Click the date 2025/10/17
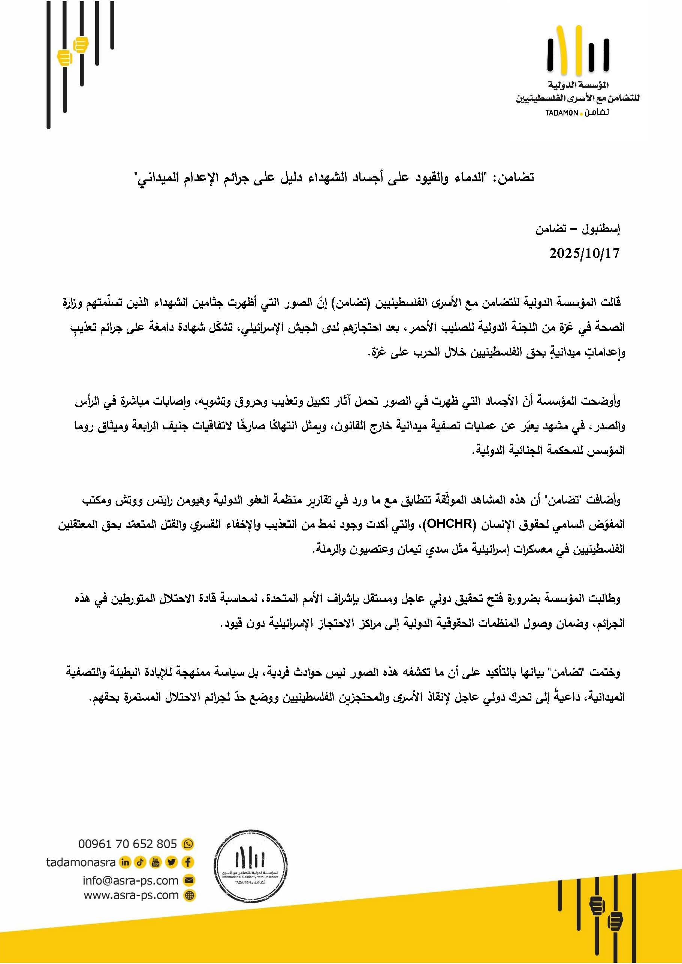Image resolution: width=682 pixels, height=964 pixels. (584, 254)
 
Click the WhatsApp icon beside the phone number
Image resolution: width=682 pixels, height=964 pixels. (188, 844)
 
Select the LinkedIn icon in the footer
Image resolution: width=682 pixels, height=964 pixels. (125, 862)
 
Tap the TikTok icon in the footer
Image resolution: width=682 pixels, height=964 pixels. (140, 862)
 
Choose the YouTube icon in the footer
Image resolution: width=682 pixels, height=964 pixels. (156, 862)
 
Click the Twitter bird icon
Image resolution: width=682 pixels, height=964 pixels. (171, 862)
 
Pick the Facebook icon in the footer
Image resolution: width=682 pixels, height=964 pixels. (188, 862)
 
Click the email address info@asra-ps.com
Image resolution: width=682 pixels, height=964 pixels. (131, 880)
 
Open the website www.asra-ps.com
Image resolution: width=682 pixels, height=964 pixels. (131, 895)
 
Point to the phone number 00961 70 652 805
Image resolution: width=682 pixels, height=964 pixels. (127, 844)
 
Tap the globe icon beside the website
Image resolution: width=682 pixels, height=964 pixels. (190, 895)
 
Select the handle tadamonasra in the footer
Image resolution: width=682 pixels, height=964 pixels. (81, 862)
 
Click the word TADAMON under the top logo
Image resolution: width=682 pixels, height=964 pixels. (561, 114)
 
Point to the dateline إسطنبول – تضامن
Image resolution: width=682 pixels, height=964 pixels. (577, 229)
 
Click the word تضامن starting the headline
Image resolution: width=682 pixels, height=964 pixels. (516, 178)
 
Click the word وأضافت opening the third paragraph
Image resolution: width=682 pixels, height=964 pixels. (606, 500)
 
